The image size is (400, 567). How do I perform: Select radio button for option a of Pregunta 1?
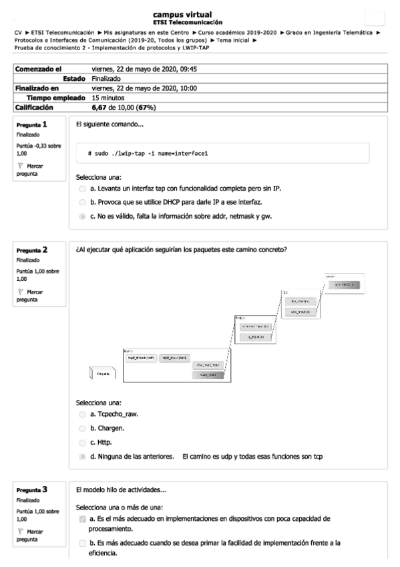(x=82, y=189)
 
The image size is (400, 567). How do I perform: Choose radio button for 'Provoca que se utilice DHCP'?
(x=82, y=202)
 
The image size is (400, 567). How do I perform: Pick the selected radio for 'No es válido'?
(x=82, y=216)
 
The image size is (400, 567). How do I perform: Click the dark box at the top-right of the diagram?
(x=347, y=286)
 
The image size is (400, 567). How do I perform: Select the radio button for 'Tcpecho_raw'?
(x=82, y=415)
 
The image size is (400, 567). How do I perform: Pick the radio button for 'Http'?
(x=82, y=443)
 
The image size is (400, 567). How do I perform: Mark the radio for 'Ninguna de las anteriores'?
(x=82, y=457)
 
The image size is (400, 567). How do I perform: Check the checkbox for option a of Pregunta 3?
(x=82, y=520)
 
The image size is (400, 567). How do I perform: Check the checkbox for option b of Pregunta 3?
(x=82, y=543)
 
